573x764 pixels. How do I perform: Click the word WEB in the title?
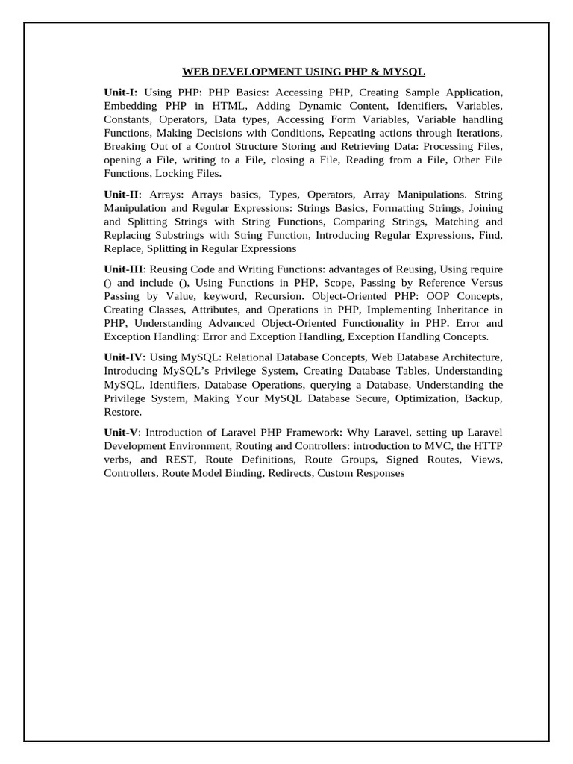pos(195,72)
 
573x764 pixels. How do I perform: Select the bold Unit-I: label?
pos(121,93)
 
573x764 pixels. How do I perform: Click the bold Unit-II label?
pos(122,194)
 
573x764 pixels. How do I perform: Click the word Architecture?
pos(469,357)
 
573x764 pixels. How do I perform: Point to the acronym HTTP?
pos(489,446)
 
